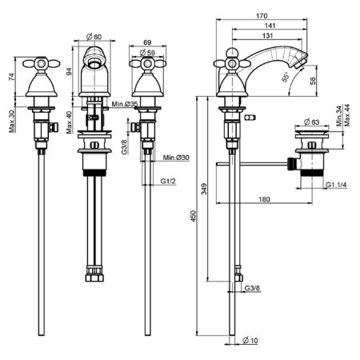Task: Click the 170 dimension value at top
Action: (262, 16)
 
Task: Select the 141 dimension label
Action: (270, 26)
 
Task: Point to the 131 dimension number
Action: (267, 36)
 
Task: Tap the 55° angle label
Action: (285, 77)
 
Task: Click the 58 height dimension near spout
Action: (313, 81)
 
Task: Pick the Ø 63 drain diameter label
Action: (311, 122)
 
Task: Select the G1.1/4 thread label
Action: (337, 185)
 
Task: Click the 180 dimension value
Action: (264, 199)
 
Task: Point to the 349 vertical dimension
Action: (204, 189)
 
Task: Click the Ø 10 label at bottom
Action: (250, 340)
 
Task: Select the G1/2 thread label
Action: (168, 182)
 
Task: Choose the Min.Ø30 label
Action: (176, 158)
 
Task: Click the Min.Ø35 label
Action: (125, 104)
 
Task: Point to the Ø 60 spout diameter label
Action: (94, 37)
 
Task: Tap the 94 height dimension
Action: (69, 71)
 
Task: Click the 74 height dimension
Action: (11, 77)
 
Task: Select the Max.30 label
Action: (11, 122)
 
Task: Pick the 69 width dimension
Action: (147, 42)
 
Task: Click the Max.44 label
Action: (347, 115)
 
